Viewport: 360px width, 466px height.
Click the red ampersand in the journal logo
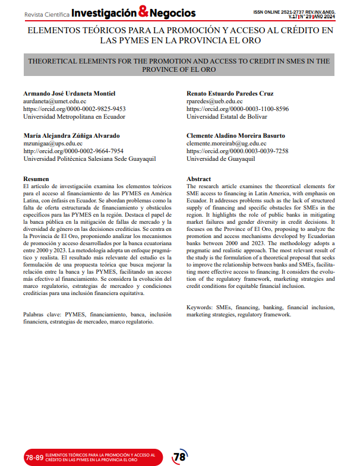[143, 12]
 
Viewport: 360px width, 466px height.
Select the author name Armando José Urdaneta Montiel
[74, 94]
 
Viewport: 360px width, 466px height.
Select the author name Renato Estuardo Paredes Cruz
[230, 94]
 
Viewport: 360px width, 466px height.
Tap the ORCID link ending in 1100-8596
[238, 109]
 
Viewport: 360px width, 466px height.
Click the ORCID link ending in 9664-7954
[73, 151]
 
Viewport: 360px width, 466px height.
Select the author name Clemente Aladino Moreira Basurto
[236, 136]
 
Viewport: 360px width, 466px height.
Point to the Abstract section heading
[199, 179]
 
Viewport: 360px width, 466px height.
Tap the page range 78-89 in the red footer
[34, 458]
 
